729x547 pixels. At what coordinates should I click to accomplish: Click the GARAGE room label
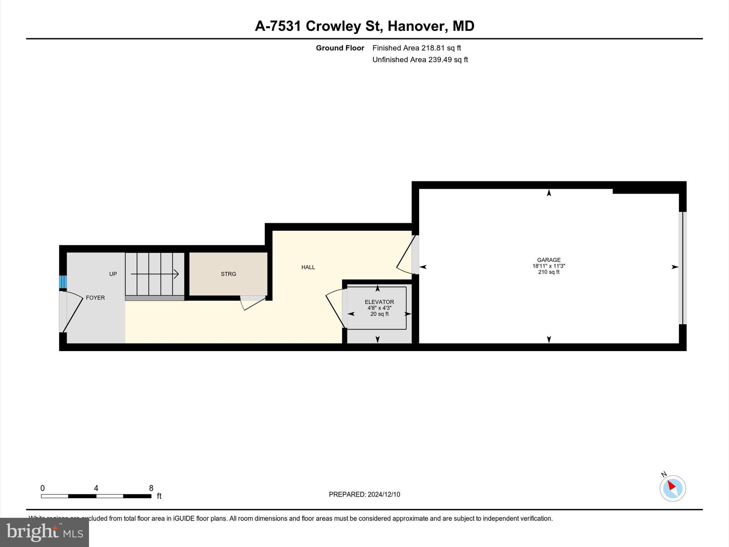549,260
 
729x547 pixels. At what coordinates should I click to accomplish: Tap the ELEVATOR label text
379,302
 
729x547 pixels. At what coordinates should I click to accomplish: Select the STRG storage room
228,274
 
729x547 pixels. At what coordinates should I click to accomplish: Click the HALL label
308,267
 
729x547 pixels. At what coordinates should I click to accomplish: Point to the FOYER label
95,298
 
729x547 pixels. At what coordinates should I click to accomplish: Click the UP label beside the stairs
113,274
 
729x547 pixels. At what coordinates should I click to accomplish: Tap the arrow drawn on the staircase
154,274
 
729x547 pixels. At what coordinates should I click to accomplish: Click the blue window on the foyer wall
63,282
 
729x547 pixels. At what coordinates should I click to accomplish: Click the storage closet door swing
253,303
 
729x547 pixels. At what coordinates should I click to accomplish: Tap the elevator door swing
335,308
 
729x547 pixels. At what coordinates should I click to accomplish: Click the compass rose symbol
672,488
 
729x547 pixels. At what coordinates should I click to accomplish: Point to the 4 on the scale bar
96,488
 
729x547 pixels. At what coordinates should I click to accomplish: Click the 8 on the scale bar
151,488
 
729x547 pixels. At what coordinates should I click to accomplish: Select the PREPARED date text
364,494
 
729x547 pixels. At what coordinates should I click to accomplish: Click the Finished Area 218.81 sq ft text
416,48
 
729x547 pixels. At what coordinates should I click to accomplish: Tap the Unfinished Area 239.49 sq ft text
420,59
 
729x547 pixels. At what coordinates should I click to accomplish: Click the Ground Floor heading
340,48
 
